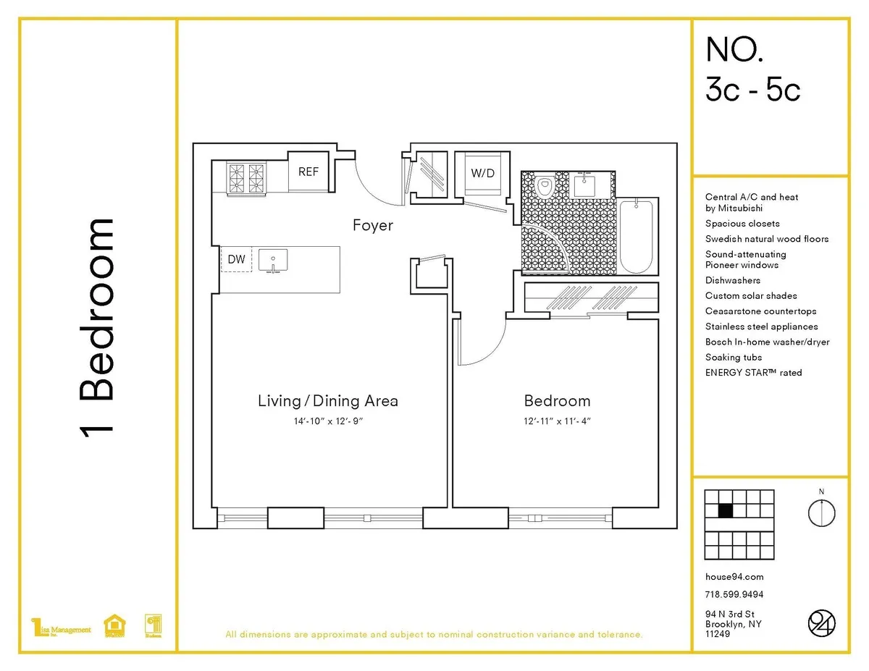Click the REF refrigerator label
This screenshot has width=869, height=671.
pos(308,172)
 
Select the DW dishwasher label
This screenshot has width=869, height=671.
pos(236,259)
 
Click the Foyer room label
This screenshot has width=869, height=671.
pos(373,225)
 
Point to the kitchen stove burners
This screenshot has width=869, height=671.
pos(246,178)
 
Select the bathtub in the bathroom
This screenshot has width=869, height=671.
pos(637,237)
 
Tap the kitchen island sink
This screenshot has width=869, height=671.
pos(273,259)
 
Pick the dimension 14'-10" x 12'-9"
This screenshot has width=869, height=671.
pos(328,421)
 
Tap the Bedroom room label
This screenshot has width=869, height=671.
pos(557,401)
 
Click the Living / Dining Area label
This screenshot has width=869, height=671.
pos(328,401)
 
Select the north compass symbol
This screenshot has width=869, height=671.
pos(821,512)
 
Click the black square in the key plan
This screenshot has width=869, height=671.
pos(725,510)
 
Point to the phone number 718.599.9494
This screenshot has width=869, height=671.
pos(734,595)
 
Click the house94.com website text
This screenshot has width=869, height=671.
pos(734,577)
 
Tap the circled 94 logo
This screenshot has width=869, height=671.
pos(821,623)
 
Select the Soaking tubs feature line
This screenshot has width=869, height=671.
pos(734,358)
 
